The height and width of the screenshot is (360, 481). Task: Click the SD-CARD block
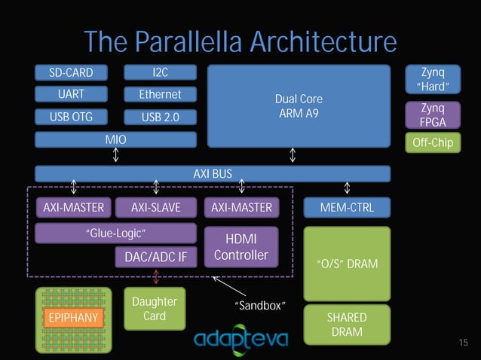[71, 73]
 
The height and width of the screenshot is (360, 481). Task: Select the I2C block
[160, 73]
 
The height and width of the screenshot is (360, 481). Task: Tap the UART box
[71, 95]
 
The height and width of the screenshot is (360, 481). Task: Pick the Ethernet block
[160, 95]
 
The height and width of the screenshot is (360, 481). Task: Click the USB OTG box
[71, 117]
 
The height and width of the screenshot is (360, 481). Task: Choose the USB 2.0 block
[160, 117]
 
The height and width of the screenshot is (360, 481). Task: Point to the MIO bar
[115, 139]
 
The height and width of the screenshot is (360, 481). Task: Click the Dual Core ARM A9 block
[299, 106]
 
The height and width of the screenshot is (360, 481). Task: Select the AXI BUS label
[213, 174]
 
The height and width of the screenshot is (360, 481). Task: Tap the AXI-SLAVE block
[155, 207]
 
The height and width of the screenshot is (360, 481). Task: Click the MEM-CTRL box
[347, 207]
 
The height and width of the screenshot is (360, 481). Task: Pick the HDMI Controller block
[240, 247]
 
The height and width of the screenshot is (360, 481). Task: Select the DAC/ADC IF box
[155, 258]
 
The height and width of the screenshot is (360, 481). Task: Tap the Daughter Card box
[154, 309]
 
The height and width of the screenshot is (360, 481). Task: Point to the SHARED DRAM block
[347, 325]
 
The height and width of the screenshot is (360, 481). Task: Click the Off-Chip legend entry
[432, 142]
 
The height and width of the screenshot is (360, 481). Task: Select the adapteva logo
[241, 339]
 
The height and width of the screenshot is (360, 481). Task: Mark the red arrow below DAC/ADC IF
[156, 277]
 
